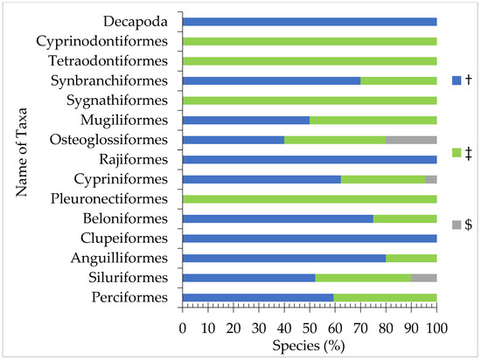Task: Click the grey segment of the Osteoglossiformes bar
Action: (x=411, y=140)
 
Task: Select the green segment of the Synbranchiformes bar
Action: (x=398, y=80)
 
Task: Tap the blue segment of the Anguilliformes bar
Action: (x=283, y=259)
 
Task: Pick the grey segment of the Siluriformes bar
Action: (x=423, y=279)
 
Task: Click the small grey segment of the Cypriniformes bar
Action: (x=431, y=179)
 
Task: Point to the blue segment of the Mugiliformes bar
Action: (x=246, y=120)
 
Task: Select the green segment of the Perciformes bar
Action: (x=385, y=298)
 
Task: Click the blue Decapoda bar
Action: (x=310, y=21)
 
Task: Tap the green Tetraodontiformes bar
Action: (x=310, y=60)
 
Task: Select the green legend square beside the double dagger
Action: (x=456, y=152)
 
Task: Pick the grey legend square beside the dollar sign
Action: (x=456, y=225)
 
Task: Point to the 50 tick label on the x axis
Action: (x=310, y=329)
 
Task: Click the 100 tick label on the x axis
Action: (x=436, y=329)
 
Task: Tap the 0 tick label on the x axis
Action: (x=182, y=329)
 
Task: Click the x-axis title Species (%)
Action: (x=309, y=347)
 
